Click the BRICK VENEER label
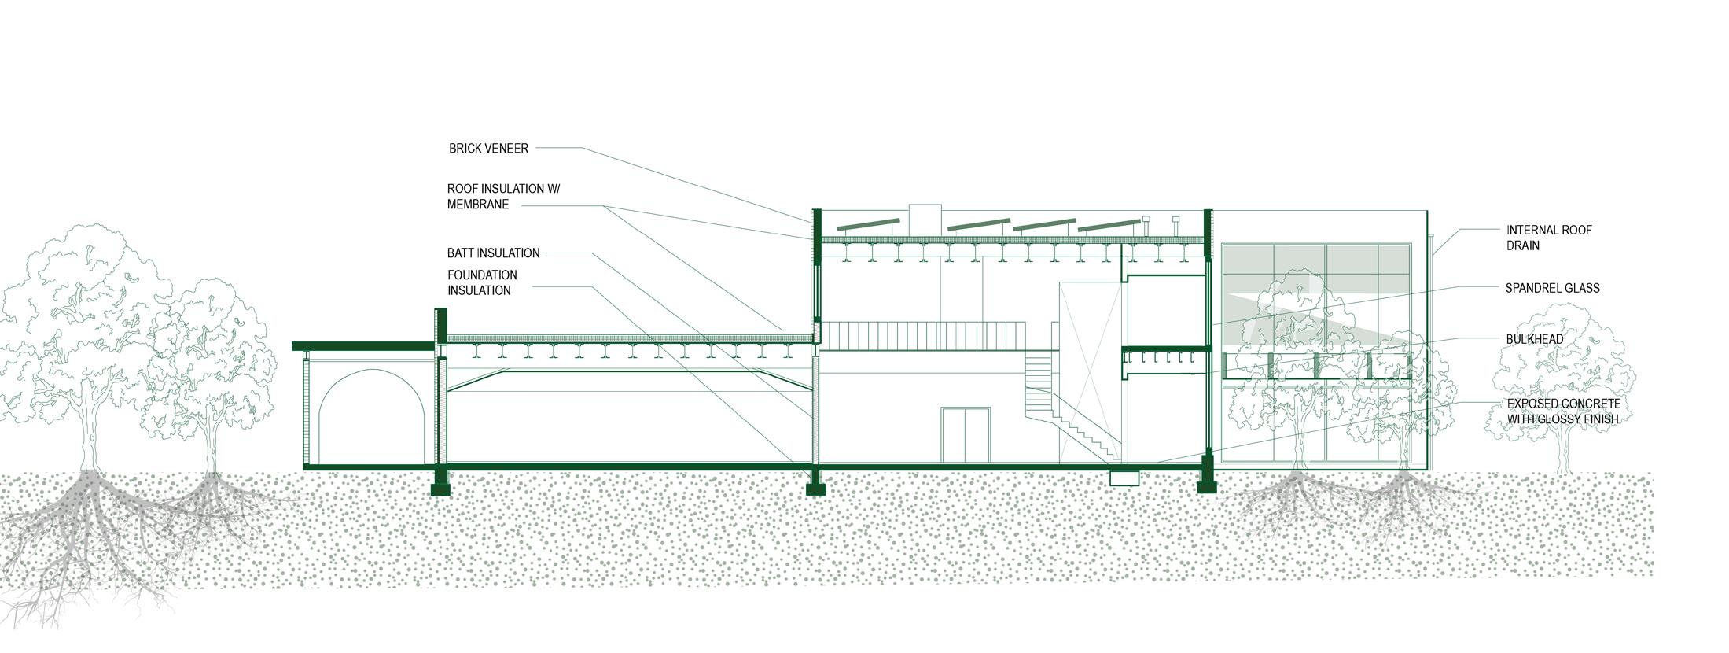(488, 148)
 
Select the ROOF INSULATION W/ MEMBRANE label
(503, 197)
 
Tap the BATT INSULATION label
(493, 253)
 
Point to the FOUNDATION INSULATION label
(482, 282)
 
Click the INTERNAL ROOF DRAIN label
(1548, 238)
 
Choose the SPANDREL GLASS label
(1552, 288)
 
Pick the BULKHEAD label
(1534, 339)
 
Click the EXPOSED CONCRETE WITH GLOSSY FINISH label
(1562, 411)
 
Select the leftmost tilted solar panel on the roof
(868, 225)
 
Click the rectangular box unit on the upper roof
(925, 220)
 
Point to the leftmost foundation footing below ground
(440, 482)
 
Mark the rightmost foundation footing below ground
(1206, 481)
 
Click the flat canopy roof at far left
(363, 346)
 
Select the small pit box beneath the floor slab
(1124, 478)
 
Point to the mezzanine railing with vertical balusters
(924, 334)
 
